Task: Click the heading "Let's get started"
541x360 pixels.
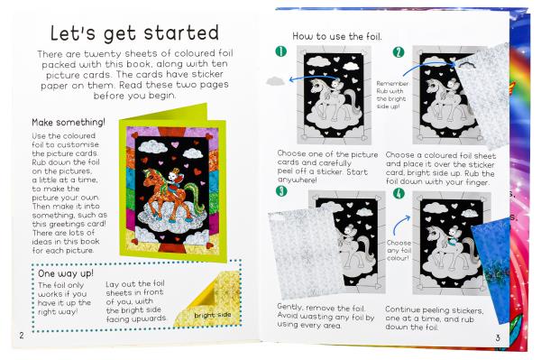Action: (134, 33)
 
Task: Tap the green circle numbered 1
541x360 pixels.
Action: (281, 51)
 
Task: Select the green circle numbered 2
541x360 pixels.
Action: (399, 52)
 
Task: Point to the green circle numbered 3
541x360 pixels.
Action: (281, 191)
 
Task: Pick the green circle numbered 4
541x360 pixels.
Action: (399, 193)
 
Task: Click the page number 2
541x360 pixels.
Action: (22, 335)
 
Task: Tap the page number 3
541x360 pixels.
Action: (498, 337)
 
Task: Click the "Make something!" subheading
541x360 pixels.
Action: (69, 123)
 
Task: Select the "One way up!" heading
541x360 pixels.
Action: (66, 273)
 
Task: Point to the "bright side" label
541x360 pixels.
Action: (213, 315)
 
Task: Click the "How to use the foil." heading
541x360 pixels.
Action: (337, 36)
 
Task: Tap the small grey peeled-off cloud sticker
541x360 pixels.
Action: (275, 81)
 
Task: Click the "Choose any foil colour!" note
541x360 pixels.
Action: (399, 250)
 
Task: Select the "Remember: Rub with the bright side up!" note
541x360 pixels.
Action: (392, 95)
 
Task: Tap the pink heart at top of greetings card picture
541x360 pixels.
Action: (175, 144)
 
